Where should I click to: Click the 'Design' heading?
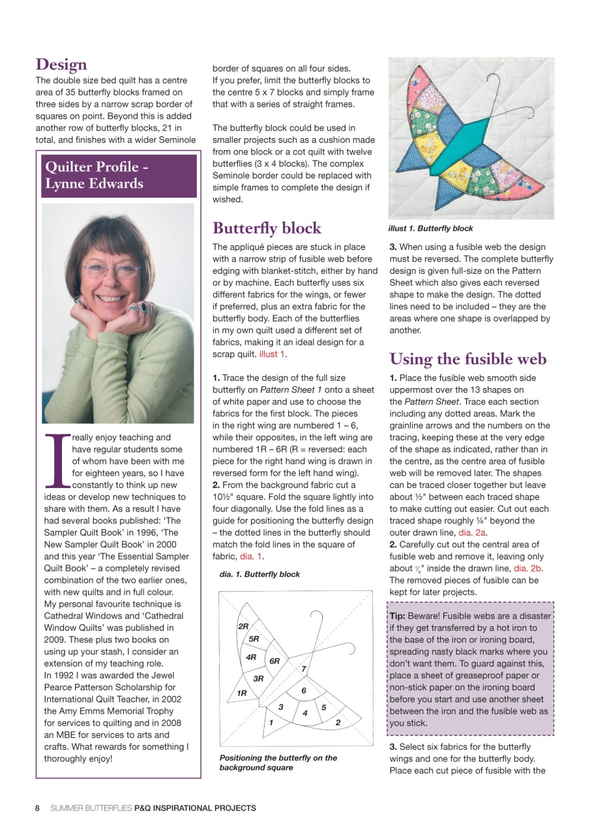point(61,65)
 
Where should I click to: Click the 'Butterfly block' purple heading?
point(267,228)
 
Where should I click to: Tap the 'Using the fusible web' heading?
point(467,359)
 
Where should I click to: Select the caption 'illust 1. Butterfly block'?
point(430,229)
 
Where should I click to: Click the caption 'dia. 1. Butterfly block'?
point(259,574)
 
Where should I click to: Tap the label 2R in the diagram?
point(243,626)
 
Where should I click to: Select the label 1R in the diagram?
point(241,693)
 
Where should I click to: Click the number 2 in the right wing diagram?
point(338,722)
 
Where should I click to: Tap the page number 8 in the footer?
point(37,808)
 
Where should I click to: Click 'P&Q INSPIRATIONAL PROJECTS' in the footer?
point(195,808)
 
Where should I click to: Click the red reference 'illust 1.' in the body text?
point(272,354)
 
